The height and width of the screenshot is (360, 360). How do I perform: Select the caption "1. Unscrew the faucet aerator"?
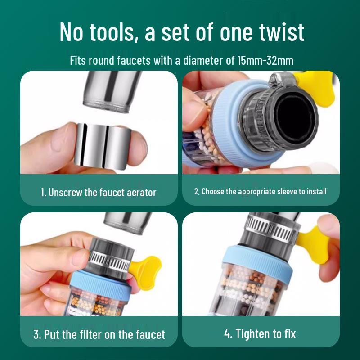(x=99, y=192)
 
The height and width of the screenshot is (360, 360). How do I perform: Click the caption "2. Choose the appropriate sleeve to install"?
(x=261, y=191)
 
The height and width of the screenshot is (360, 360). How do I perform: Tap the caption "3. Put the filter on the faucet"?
(x=99, y=334)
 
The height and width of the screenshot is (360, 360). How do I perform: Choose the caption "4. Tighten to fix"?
(x=260, y=333)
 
